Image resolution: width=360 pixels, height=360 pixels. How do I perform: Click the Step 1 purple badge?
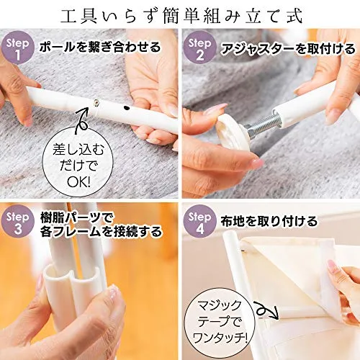(x=17, y=48)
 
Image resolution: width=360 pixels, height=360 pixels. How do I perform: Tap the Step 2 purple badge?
(x=199, y=48)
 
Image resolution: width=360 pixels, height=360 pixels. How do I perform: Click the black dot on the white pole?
(x=125, y=108)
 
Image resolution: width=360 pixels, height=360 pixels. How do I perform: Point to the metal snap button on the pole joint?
(x=96, y=103)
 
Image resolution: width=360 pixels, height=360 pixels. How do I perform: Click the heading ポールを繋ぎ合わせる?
(x=100, y=47)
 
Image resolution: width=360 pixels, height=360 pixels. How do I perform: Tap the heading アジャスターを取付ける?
(x=288, y=49)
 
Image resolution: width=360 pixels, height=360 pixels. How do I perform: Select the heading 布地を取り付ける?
(x=269, y=221)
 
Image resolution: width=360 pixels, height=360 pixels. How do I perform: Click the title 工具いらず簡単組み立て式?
(x=181, y=17)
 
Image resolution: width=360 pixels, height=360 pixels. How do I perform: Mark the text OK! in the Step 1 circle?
(x=78, y=182)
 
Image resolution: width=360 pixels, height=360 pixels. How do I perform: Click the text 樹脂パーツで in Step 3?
(x=73, y=219)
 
